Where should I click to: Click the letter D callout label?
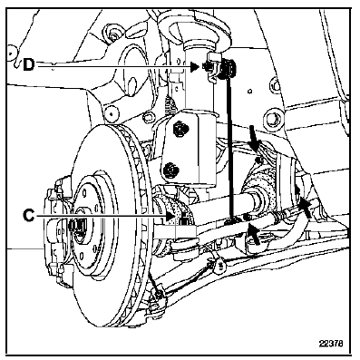[29, 65]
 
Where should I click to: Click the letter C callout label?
[29, 216]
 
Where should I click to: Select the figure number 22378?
[331, 344]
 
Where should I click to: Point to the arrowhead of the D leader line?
[195, 67]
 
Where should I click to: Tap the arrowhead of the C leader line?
[170, 216]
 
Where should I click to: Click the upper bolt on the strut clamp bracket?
[180, 129]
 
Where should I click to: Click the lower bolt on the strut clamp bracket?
[170, 170]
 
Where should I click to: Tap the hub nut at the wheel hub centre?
[76, 225]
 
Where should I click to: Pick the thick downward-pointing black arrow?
[254, 140]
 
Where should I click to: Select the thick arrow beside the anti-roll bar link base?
[254, 233]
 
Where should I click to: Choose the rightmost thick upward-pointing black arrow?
[305, 207]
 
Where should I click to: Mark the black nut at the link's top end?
[229, 68]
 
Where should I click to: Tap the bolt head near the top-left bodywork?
[113, 34]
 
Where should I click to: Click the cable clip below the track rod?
[219, 264]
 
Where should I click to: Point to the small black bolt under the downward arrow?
[258, 160]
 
